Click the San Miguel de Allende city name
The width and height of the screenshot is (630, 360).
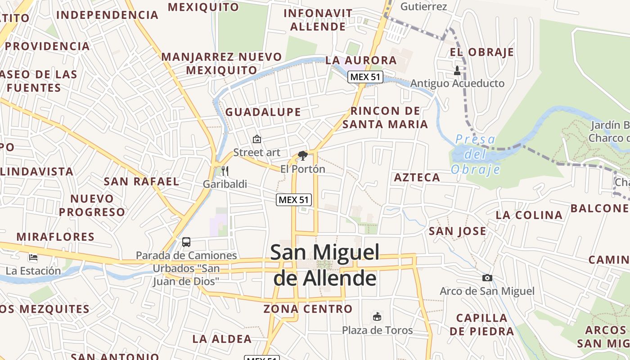(324, 265)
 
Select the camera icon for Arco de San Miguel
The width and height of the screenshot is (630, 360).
(487, 278)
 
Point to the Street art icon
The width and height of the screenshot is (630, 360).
(256, 139)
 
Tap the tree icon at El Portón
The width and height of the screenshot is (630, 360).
(302, 156)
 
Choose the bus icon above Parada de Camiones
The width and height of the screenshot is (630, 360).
(186, 242)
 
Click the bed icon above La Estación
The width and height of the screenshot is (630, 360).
(33, 257)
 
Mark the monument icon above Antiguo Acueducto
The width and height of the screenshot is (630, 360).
(457, 71)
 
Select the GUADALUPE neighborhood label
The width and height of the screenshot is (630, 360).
(263, 112)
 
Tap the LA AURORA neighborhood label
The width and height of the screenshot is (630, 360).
(361, 60)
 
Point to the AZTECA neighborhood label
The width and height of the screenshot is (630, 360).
(417, 178)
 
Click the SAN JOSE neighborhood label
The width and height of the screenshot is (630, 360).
(457, 231)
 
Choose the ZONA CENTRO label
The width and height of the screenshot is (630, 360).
(308, 309)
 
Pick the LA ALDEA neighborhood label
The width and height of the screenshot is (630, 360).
(222, 339)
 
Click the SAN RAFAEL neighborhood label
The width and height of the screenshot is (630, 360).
(141, 182)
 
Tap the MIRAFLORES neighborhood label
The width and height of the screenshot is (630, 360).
(55, 237)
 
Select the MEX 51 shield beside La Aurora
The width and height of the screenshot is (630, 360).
(365, 77)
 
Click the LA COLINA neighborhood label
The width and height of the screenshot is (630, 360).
(529, 216)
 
